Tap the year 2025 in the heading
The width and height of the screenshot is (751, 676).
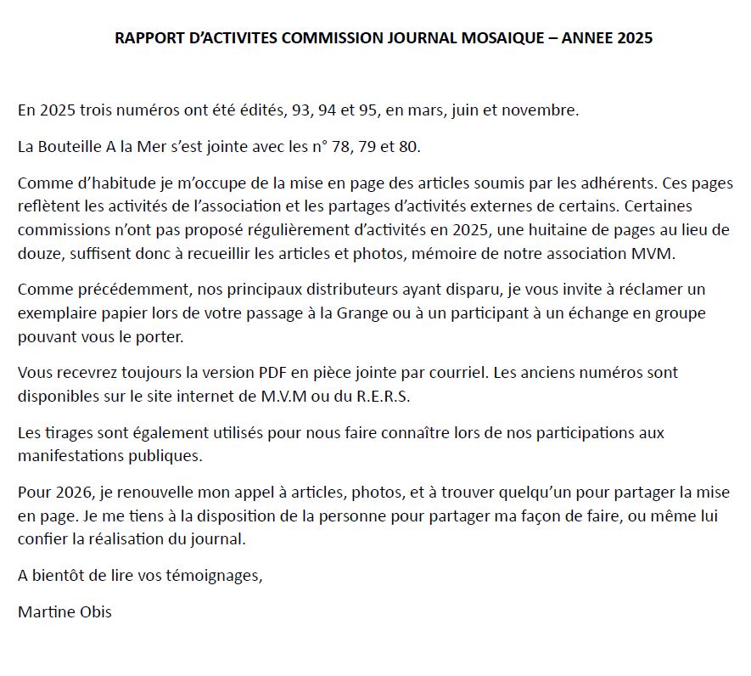click(634, 38)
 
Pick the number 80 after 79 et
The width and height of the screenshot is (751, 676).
click(409, 147)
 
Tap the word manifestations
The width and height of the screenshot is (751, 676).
click(67, 455)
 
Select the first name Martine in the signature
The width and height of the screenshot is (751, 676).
click(44, 611)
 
